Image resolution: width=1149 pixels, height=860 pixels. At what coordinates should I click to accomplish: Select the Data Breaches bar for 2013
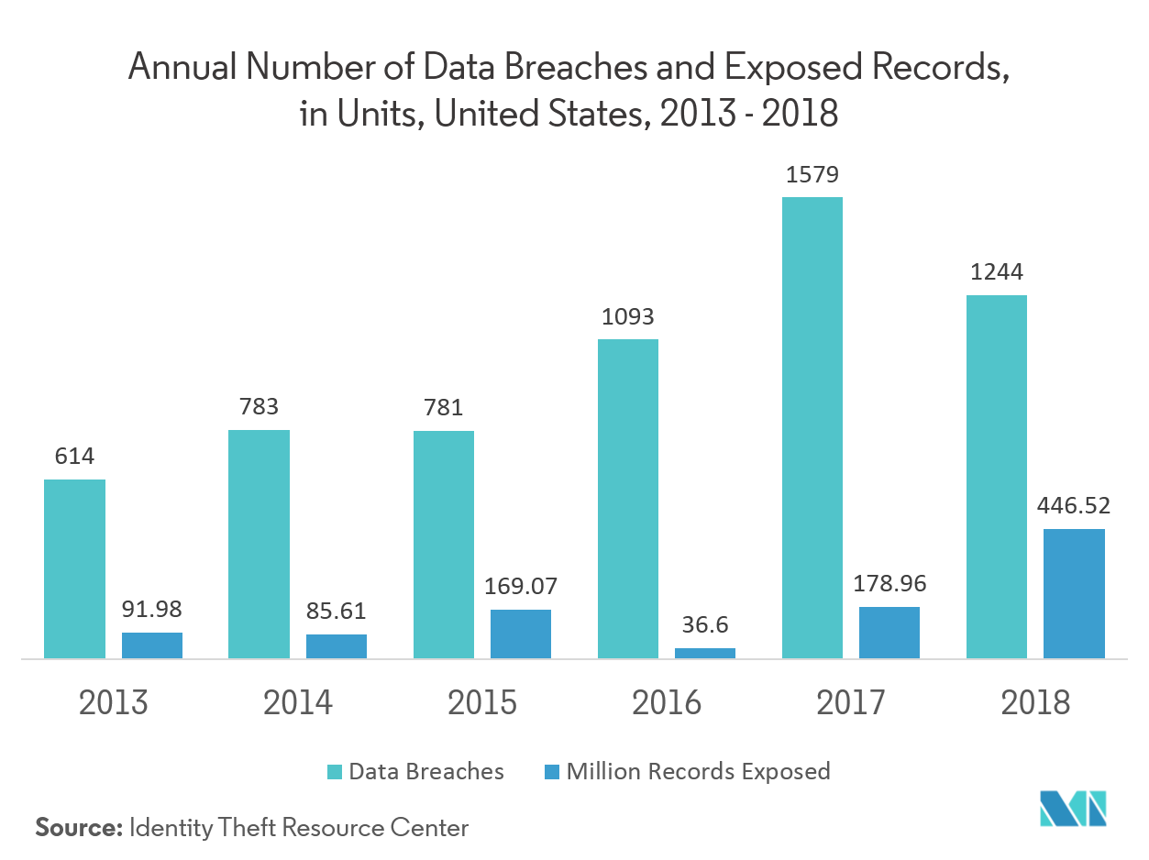[74, 568]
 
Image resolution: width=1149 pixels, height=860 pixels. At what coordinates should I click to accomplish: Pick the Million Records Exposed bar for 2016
[704, 653]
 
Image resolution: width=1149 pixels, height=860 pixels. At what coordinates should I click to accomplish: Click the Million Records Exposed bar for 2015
[520, 634]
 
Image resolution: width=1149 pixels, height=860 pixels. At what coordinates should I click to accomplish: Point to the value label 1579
[812, 175]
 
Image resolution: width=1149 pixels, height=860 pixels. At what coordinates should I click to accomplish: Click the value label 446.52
[1073, 506]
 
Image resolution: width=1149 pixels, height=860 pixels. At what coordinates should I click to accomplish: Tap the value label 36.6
[704, 625]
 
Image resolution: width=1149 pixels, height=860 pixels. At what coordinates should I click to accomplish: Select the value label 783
[259, 407]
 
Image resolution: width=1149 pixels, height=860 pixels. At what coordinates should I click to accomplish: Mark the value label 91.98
[152, 610]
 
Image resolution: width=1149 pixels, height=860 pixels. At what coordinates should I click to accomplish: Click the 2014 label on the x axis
[297, 703]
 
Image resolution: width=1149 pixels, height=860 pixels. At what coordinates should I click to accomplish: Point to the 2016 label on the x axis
[666, 703]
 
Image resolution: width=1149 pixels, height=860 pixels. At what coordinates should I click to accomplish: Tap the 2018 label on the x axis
[1035, 703]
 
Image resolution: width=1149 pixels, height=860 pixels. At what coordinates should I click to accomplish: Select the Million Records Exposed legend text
[698, 771]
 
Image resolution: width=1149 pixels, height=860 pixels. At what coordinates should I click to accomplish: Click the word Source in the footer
[78, 828]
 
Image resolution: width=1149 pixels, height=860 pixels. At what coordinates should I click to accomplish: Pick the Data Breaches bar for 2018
[997, 477]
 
